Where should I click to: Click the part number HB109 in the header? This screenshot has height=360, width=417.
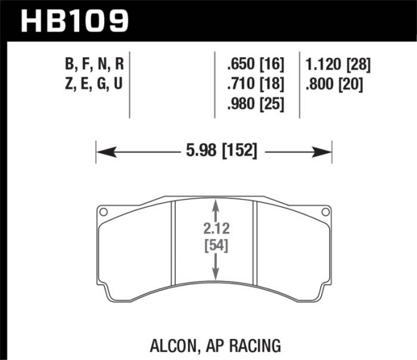[x=74, y=21]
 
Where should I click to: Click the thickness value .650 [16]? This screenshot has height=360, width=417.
[x=255, y=64]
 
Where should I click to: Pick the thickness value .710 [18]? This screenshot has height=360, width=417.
[x=255, y=84]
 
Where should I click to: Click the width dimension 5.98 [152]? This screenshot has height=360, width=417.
[x=214, y=152]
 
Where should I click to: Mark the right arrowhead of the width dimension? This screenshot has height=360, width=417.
[x=327, y=152]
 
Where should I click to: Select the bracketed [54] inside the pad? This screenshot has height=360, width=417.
[x=215, y=245]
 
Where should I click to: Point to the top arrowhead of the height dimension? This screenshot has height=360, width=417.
[x=216, y=204]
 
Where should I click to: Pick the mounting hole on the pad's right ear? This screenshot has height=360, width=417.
[x=325, y=211]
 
